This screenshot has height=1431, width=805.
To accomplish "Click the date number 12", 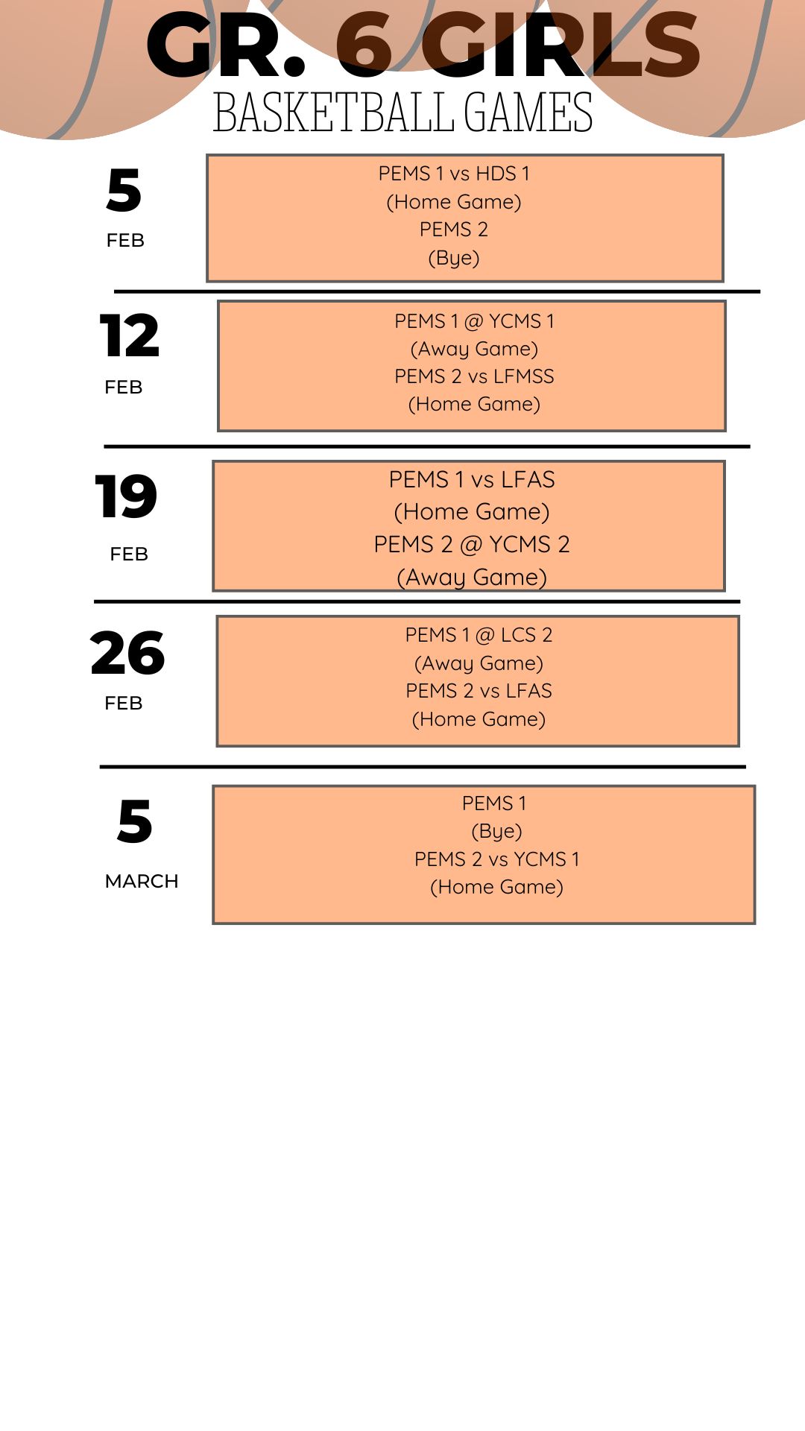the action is pyautogui.click(x=130, y=336).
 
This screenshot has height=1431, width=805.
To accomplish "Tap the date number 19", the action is pyautogui.click(x=126, y=496).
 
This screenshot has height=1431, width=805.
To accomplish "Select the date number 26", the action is pyautogui.click(x=127, y=653).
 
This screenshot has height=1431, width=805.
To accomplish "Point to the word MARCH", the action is pyautogui.click(x=142, y=881).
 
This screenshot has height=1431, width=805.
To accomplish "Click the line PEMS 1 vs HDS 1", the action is pyautogui.click(x=454, y=174).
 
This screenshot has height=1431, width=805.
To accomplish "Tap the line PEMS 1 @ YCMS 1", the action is pyautogui.click(x=475, y=321).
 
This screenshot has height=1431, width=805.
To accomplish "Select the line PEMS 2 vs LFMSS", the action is pyautogui.click(x=475, y=376).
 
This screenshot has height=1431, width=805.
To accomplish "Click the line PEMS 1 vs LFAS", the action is pyautogui.click(x=472, y=479).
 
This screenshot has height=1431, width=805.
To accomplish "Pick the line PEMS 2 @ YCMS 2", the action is pyautogui.click(x=472, y=544).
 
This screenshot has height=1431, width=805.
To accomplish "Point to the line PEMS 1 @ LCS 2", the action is pyautogui.click(x=479, y=635).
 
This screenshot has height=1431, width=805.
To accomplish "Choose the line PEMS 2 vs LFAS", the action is pyautogui.click(x=479, y=691).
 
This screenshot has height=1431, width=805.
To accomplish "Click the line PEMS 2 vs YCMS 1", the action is pyautogui.click(x=497, y=859).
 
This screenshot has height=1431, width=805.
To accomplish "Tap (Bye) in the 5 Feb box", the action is pyautogui.click(x=454, y=258).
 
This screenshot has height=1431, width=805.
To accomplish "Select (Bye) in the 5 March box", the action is pyautogui.click(x=496, y=831).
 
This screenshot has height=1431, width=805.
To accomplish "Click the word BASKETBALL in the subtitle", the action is pyautogui.click(x=333, y=113).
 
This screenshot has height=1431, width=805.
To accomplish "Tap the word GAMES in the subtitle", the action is pyautogui.click(x=528, y=113).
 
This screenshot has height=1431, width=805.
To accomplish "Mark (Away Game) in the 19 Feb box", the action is pyautogui.click(x=472, y=578).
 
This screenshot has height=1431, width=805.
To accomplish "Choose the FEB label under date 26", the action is pyautogui.click(x=124, y=704).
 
